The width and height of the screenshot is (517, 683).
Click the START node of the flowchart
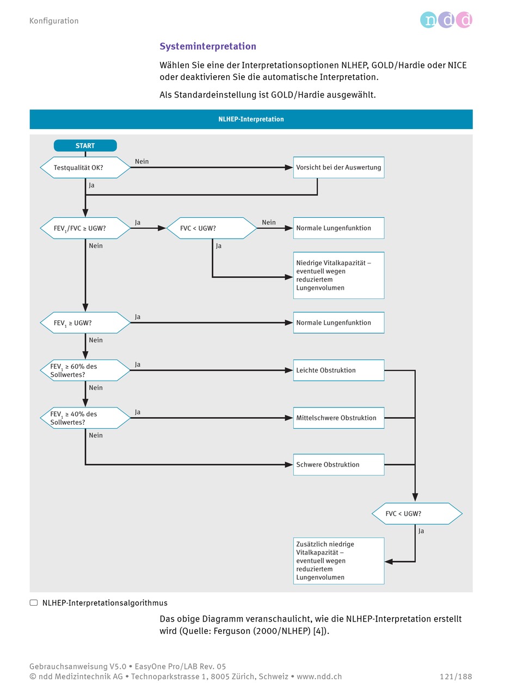click(x=85, y=145)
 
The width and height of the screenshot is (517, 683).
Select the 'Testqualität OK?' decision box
click(x=85, y=167)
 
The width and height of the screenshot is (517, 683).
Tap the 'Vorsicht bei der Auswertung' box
click(x=338, y=167)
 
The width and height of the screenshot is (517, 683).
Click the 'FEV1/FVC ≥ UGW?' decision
click(x=85, y=228)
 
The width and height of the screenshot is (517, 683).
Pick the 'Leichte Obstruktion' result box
click(x=338, y=370)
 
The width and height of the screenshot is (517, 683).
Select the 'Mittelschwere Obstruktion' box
click(x=338, y=418)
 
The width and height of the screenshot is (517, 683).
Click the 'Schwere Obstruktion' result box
click(x=338, y=464)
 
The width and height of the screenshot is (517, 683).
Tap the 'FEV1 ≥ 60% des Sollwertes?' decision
click(x=85, y=370)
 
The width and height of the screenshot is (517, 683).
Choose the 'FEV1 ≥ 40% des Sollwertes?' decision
click(x=85, y=418)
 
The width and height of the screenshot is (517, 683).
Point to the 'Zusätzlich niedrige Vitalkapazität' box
click(x=338, y=560)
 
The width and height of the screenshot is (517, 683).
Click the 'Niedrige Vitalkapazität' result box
click(x=338, y=275)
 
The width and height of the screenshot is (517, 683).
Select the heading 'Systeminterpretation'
click(x=208, y=46)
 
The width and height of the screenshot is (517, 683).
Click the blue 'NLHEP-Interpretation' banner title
click(x=251, y=119)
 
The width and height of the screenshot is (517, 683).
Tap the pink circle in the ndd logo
click(x=464, y=20)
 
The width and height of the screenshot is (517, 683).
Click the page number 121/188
click(x=456, y=676)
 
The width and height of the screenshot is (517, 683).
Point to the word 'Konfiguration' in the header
click(x=54, y=21)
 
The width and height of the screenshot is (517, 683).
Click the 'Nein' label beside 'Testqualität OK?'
click(x=141, y=161)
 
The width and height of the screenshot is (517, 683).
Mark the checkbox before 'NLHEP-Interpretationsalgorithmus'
click(x=34, y=602)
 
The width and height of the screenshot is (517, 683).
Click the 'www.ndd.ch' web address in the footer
click(x=319, y=676)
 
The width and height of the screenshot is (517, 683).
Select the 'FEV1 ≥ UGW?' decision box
click(x=85, y=322)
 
